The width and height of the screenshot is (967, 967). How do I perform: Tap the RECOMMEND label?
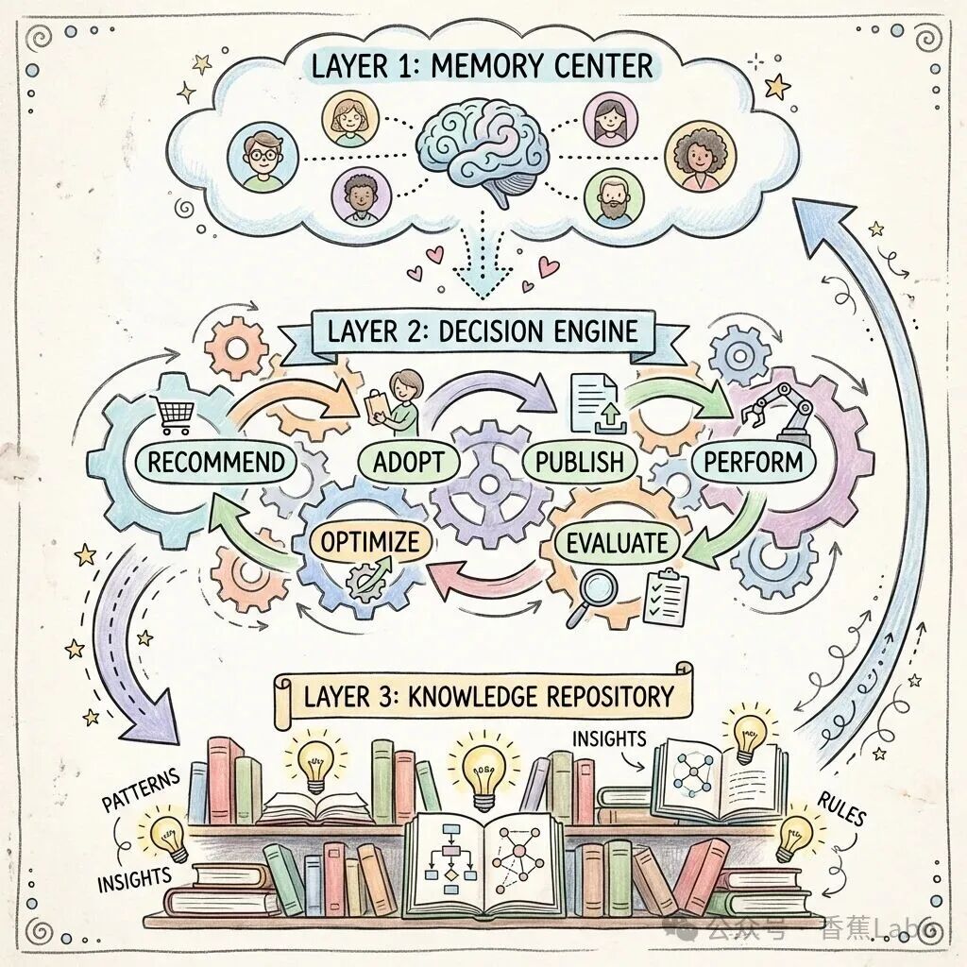pyautogui.click(x=216, y=462)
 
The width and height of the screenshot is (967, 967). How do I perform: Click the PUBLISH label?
pyautogui.click(x=579, y=462)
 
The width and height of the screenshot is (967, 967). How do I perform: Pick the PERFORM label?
pyautogui.click(x=754, y=462)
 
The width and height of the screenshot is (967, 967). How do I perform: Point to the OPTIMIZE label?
pyautogui.click(x=370, y=543)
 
